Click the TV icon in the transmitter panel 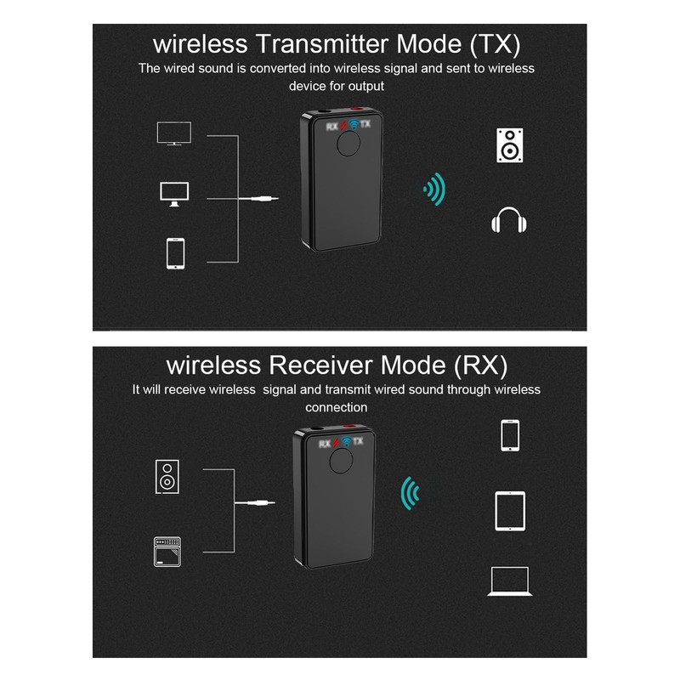[x=174, y=133]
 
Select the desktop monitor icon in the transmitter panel [x=174, y=194]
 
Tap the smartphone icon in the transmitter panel [x=175, y=253]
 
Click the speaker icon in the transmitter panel [x=509, y=145]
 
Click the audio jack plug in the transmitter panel [x=264, y=199]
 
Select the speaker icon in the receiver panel [x=167, y=477]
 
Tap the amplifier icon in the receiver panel [x=167, y=552]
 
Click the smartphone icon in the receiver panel [x=510, y=435]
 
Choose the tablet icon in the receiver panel [x=510, y=511]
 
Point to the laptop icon [x=510, y=581]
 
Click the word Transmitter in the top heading [x=322, y=44]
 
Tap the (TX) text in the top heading [x=495, y=44]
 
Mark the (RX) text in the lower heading [x=480, y=365]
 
